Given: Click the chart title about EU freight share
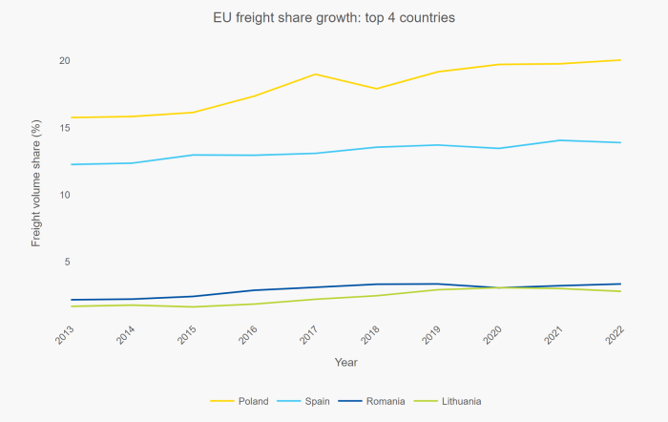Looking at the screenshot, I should (333, 17).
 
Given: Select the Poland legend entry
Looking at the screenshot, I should (253, 401).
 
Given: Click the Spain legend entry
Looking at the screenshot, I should (317, 401).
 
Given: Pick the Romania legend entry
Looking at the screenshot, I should (386, 401).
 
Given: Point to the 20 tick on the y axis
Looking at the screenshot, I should (64, 61).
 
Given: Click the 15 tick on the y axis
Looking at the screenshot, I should (64, 128).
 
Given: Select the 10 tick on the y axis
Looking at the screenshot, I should (64, 195).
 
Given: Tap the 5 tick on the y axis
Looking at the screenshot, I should (67, 262).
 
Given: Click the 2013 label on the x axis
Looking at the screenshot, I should (67, 335).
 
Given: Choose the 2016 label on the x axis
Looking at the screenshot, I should (250, 335).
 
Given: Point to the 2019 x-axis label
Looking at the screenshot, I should (433, 335).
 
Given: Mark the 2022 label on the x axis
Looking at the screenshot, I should (616, 335).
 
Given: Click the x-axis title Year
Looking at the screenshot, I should (346, 362).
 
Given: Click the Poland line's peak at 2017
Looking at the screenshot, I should (316, 74).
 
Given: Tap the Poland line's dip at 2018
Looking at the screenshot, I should (377, 89).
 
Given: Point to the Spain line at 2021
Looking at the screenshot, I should (560, 140).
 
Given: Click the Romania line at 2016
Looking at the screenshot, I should (255, 290).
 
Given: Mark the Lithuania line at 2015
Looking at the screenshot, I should (194, 306).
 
